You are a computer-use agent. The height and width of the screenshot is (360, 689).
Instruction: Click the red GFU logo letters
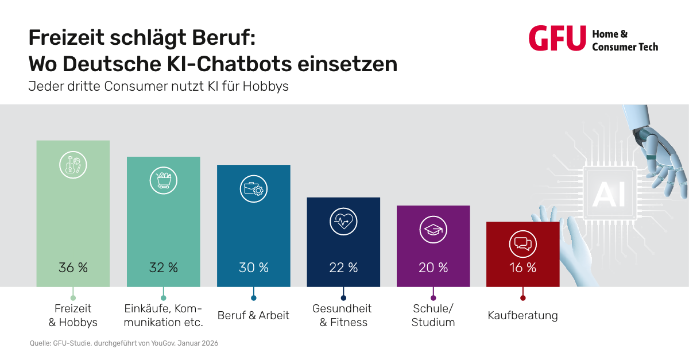pyautogui.click(x=557, y=38)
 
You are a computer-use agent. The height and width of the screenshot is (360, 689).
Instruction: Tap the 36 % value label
pyautogui.click(x=73, y=268)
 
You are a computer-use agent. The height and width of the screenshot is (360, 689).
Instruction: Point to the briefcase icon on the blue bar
pyautogui.click(x=253, y=189)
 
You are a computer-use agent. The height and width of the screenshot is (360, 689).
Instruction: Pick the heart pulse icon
pyautogui.click(x=343, y=222)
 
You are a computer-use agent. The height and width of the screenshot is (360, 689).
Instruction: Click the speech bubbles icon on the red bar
pyautogui.click(x=522, y=245)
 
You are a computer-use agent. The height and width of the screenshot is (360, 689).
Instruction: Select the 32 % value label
pyautogui.click(x=164, y=268)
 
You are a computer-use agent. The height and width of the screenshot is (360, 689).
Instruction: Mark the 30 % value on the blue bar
pyautogui.click(x=254, y=268)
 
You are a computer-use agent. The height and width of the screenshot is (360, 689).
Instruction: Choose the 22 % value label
pyautogui.click(x=343, y=268)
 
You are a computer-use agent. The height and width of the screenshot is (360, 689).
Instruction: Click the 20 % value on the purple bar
pyautogui.click(x=433, y=268)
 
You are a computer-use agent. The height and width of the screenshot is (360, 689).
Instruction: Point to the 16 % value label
pyautogui.click(x=523, y=268)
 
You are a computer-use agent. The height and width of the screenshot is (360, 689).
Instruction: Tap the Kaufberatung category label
pyautogui.click(x=522, y=316)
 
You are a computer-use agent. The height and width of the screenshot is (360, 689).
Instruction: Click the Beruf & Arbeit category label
pyautogui.click(x=253, y=316)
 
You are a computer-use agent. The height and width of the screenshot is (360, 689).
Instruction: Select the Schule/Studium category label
pyautogui.click(x=433, y=316)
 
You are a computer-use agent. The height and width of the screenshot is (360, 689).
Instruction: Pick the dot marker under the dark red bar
pyautogui.click(x=522, y=297)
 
